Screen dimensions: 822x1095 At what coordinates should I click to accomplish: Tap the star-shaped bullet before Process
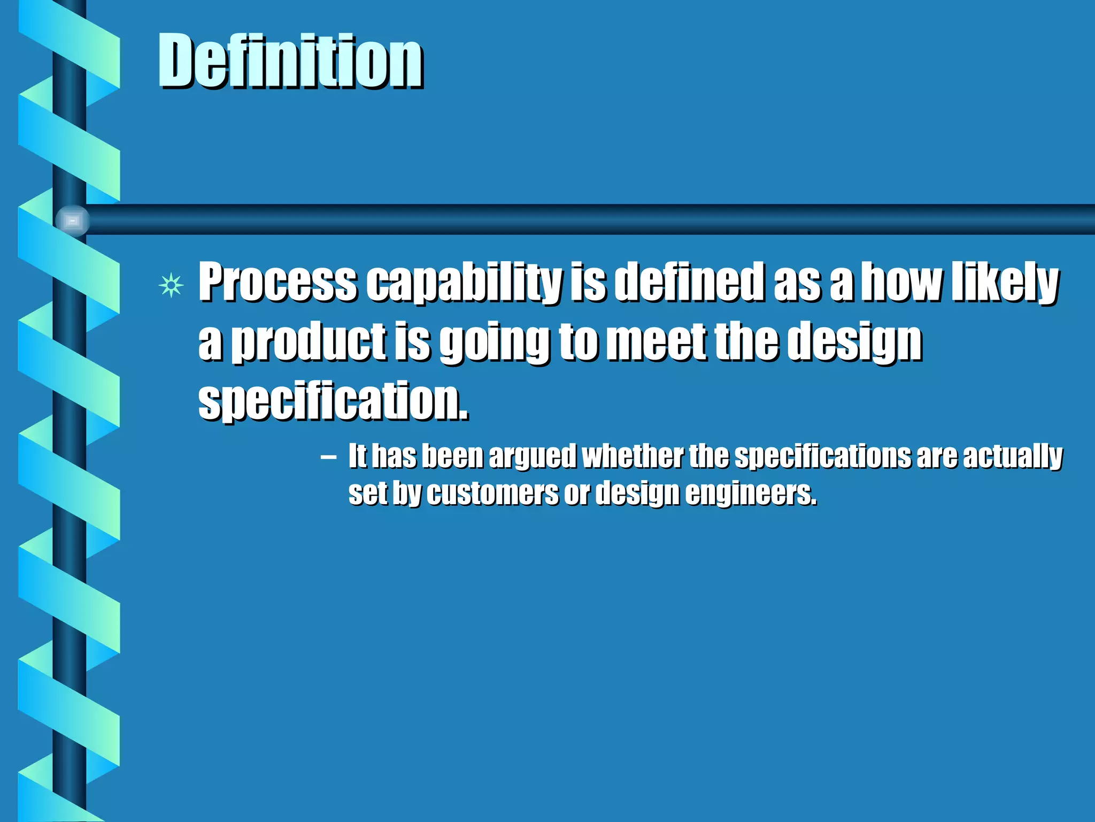(171, 285)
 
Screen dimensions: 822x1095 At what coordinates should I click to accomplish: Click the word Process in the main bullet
(277, 282)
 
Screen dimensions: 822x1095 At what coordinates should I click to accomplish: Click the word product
(309, 342)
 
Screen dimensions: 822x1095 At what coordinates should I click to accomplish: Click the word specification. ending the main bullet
(333, 401)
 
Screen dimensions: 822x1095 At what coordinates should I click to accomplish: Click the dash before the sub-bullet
(328, 458)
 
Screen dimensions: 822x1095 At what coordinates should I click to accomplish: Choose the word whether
(633, 456)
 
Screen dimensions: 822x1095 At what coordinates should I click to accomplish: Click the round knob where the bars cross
(72, 220)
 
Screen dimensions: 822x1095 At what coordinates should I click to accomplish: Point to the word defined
(690, 282)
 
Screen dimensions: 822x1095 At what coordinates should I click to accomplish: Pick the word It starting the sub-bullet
(357, 456)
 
